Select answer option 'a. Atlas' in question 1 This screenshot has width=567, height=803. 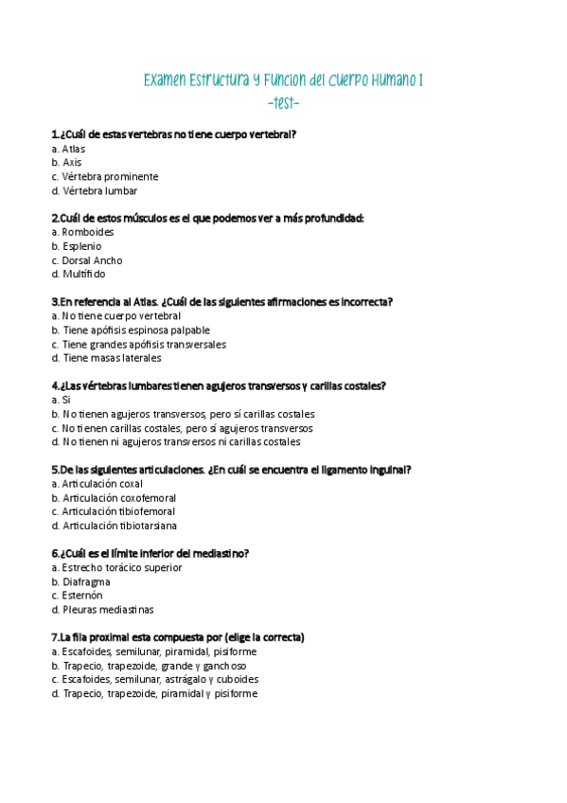[x=69, y=149]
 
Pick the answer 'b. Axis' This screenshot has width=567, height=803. [x=67, y=163]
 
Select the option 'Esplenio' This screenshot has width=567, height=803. [x=80, y=246]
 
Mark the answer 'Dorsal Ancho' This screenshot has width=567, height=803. [x=87, y=260]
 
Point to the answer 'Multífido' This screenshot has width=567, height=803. [x=80, y=275]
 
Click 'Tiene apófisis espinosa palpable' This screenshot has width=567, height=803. [x=131, y=330]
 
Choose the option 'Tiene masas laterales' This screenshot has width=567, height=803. [x=107, y=358]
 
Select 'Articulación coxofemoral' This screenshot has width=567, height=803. [x=115, y=498]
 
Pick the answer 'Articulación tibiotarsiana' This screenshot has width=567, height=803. [x=115, y=526]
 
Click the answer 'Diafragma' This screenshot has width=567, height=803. [x=81, y=581]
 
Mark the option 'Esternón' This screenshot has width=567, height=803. [x=78, y=596]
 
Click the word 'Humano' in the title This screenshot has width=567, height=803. [x=385, y=81]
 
